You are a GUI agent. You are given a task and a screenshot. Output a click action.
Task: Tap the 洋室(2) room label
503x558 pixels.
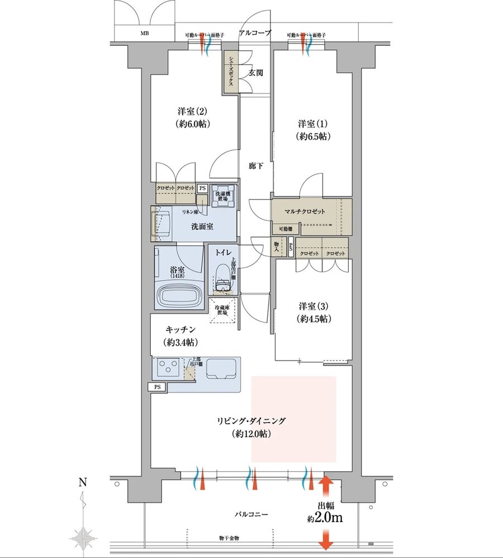194,117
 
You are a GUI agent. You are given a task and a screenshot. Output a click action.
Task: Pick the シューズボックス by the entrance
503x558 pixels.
230,73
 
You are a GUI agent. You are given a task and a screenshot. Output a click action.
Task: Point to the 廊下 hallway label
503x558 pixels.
255,165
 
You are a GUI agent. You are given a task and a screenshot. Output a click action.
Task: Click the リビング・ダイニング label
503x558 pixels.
251,420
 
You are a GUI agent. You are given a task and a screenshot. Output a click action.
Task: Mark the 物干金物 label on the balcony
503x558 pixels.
229,538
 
